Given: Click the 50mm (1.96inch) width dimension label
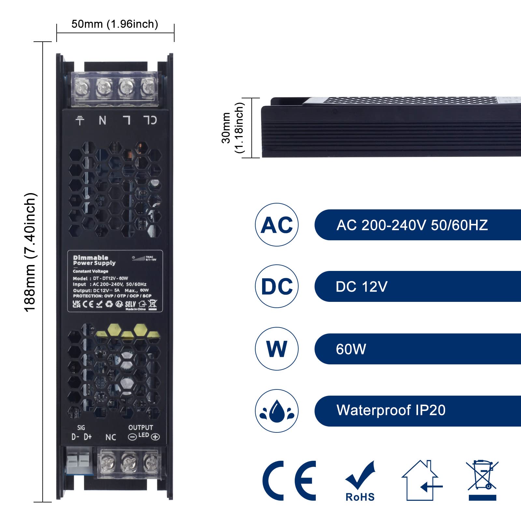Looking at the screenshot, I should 115,24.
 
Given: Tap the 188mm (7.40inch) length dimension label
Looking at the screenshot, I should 30,252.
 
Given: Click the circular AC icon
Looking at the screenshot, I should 277,225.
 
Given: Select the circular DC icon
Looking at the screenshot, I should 277,286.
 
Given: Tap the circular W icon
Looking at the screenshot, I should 277,349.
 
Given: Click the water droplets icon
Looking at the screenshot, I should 277,411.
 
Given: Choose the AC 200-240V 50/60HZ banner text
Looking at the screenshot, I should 412,225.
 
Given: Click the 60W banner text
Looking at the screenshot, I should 351,349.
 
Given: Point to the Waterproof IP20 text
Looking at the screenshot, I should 391,410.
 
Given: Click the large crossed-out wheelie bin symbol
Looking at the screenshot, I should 482,480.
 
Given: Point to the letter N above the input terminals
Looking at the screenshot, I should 103,120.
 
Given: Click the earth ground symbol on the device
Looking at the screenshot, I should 80,120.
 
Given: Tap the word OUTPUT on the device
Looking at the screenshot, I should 140,428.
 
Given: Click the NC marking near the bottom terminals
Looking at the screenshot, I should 111,437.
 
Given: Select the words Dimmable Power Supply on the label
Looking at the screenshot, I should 94,260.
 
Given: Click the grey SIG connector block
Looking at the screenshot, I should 78,460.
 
